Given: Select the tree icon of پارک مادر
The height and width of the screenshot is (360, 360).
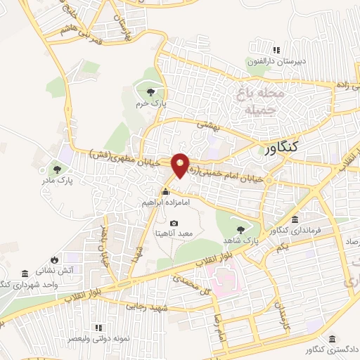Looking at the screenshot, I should (x=56, y=169).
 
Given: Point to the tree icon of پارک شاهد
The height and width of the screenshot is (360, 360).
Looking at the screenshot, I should (x=241, y=229).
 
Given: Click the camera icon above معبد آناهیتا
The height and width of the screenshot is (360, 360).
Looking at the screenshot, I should (x=174, y=223).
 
